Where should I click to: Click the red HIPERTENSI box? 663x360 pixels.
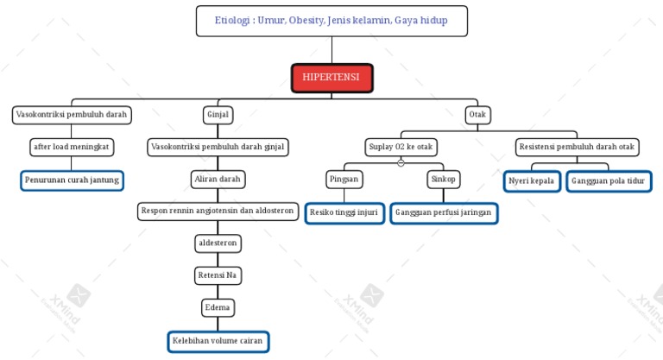click(332, 78)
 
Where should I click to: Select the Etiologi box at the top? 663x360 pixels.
click(331, 21)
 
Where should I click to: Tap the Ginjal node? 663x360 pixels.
click(218, 114)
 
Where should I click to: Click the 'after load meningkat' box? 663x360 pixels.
click(72, 148)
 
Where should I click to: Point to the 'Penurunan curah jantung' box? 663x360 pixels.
click(72, 180)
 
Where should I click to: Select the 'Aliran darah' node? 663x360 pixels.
click(218, 180)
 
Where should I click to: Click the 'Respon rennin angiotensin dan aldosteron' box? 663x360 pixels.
click(218, 212)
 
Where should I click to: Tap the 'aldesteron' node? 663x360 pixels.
click(218, 244)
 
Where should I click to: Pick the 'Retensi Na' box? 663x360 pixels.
click(218, 275)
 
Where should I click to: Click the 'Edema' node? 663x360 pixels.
click(218, 307)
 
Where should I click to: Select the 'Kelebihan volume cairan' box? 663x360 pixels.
click(218, 341)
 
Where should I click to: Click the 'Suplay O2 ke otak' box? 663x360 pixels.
click(401, 148)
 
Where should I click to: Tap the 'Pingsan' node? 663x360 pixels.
click(344, 180)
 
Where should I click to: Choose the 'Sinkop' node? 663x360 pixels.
click(444, 180)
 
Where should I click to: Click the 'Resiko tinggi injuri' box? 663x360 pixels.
click(344, 212)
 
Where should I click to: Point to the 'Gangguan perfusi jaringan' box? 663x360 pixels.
click(443, 212)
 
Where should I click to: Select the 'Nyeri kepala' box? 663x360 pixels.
click(531, 181)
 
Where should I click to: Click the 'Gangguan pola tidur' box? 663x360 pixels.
click(609, 181)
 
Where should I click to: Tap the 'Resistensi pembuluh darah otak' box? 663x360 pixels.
click(577, 148)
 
